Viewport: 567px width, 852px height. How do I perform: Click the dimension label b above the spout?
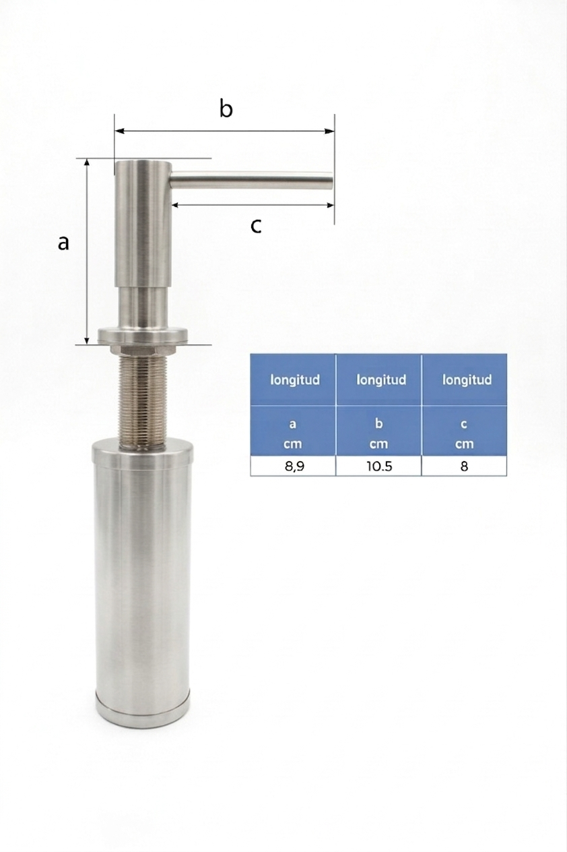coord(226,109)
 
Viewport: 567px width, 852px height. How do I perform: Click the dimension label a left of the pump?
coord(63,243)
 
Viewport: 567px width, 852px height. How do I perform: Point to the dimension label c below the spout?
coord(256,226)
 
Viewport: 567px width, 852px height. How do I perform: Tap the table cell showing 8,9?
coord(293,466)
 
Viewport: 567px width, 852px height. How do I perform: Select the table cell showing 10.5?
coord(378,466)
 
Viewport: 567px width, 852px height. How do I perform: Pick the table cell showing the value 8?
coord(464,466)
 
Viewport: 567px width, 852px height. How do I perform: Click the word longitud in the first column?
coord(295,379)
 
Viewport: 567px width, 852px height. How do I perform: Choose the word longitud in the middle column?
coord(381,379)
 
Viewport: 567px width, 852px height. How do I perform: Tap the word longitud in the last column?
coord(467,379)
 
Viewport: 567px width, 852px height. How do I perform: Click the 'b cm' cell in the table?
coord(378,431)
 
